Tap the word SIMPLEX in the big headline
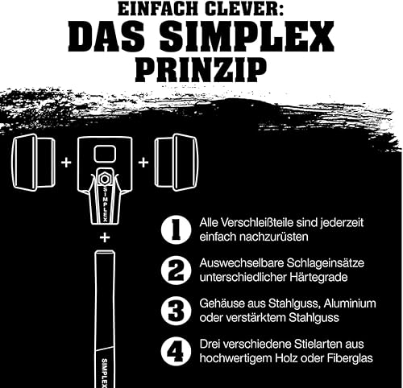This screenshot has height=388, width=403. pyautogui.click(x=247, y=37)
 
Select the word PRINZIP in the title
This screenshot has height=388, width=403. pyautogui.click(x=201, y=71)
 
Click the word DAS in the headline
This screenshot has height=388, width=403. pyautogui.click(x=106, y=37)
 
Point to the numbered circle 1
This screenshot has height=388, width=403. pyautogui.click(x=177, y=230)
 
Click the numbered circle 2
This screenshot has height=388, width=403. pyautogui.click(x=177, y=270)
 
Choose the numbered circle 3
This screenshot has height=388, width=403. pyautogui.click(x=177, y=311)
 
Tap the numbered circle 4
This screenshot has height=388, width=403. pyautogui.click(x=177, y=351)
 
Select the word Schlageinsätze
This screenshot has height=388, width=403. pyautogui.click(x=326, y=263)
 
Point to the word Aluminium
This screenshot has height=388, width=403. pyautogui.click(x=350, y=303)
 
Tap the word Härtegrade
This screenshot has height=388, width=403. pyautogui.click(x=318, y=277)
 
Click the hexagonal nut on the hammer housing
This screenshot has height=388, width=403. pyautogui.click(x=104, y=179)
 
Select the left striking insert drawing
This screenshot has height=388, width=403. pyautogui.click(x=34, y=163)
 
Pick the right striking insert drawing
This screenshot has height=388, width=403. pyautogui.click(x=177, y=163)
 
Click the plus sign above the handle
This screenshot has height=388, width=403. pyautogui.click(x=105, y=237)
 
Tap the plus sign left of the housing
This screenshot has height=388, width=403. pyautogui.click(x=66, y=163)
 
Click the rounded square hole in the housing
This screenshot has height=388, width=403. pyautogui.click(x=105, y=154)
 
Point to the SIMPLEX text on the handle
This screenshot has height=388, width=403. pyautogui.click(x=105, y=373)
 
